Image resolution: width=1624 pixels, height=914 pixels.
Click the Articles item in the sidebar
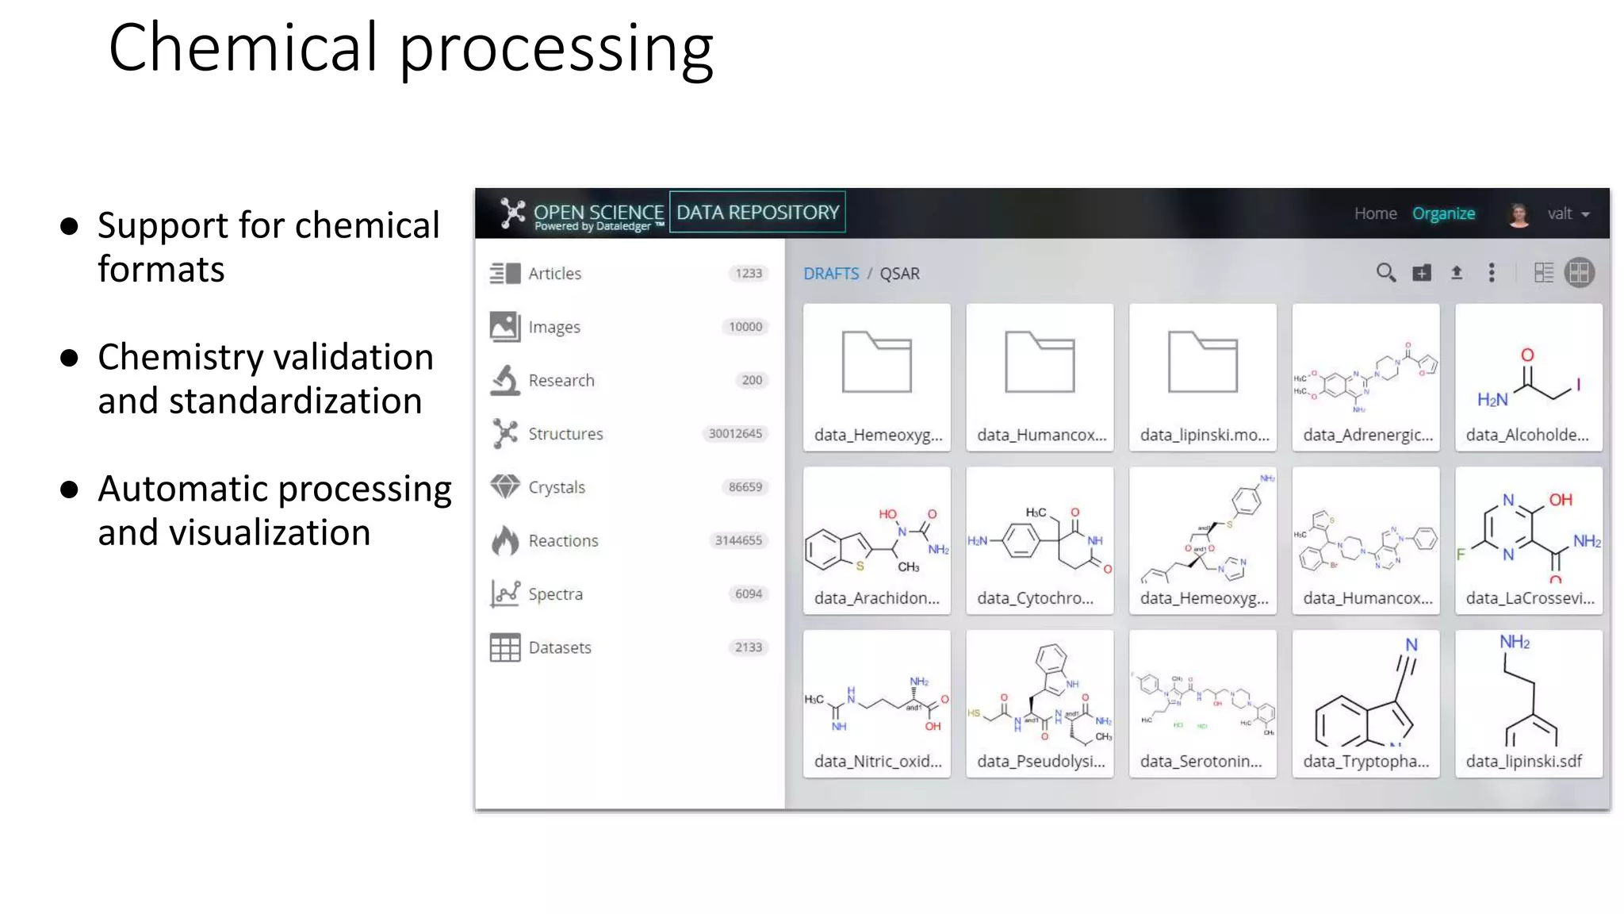[x=554, y=274]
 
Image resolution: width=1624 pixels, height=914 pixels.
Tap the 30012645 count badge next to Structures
[x=735, y=434]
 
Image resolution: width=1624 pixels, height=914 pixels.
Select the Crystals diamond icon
[x=504, y=486]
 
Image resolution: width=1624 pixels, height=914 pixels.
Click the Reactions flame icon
[x=504, y=540]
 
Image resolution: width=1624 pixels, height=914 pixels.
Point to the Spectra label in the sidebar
[x=555, y=594]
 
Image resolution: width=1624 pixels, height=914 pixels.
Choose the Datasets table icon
[x=504, y=647]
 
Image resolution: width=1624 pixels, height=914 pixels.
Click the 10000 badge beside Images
[x=745, y=327]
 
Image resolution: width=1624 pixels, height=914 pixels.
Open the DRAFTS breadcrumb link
[x=830, y=274]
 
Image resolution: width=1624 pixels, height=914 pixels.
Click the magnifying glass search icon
[x=1385, y=273]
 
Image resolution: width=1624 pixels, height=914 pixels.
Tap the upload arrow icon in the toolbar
[x=1457, y=273]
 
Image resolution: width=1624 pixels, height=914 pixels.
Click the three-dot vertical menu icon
[x=1492, y=273]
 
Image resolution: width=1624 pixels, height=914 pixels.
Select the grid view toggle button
[x=1579, y=273]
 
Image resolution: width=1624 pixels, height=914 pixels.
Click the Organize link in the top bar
[x=1443, y=213]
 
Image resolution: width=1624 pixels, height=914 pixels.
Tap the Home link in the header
[x=1375, y=213]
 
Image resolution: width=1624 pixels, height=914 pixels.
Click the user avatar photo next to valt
[x=1519, y=214]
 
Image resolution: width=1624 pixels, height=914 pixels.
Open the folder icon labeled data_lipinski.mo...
[x=1202, y=363]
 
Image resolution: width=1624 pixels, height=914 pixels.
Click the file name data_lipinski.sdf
[x=1523, y=762]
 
